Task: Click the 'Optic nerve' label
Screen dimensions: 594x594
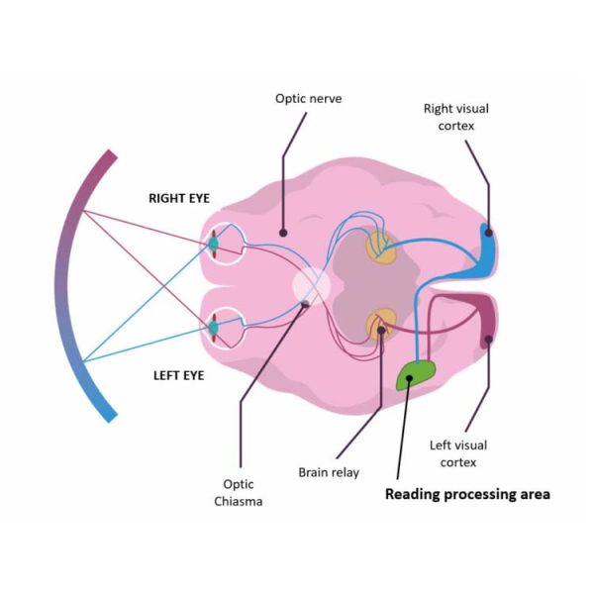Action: pyautogui.click(x=308, y=98)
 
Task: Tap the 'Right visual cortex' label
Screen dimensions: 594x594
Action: pyautogui.click(x=456, y=117)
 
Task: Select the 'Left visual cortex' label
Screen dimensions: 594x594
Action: pyautogui.click(x=458, y=453)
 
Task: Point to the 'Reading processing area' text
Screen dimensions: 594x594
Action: pyautogui.click(x=467, y=494)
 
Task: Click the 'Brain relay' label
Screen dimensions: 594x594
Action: pyautogui.click(x=329, y=472)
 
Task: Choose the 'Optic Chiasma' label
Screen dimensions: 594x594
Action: pyautogui.click(x=239, y=492)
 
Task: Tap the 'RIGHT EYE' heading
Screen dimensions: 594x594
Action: pyautogui.click(x=179, y=198)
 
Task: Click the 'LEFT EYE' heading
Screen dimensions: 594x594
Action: pyautogui.click(x=179, y=375)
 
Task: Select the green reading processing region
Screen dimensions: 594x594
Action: pyautogui.click(x=416, y=374)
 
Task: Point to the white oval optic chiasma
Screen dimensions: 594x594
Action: pyautogui.click(x=312, y=286)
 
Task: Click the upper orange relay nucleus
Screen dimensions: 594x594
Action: pyautogui.click(x=381, y=247)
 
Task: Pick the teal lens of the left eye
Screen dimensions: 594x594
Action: pyautogui.click(x=214, y=328)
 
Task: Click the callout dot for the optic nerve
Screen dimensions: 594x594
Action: pyautogui.click(x=283, y=233)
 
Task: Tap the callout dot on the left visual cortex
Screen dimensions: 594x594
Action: pyautogui.click(x=489, y=339)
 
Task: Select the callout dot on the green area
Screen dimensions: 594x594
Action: pyautogui.click(x=409, y=378)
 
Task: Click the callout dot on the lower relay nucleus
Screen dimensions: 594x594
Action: pyautogui.click(x=381, y=331)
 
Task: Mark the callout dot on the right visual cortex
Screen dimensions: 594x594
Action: pyautogui.click(x=489, y=233)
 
